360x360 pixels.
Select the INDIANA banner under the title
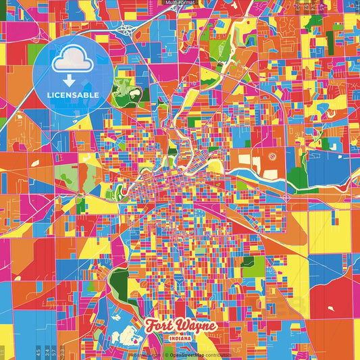pos(180,337)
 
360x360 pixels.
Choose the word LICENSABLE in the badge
pos(73,95)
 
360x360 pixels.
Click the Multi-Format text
pos(180,3)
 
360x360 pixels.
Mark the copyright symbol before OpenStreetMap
pos(166,354)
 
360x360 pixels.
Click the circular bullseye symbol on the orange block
pos(273,157)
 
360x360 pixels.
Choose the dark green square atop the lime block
pos(249,261)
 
